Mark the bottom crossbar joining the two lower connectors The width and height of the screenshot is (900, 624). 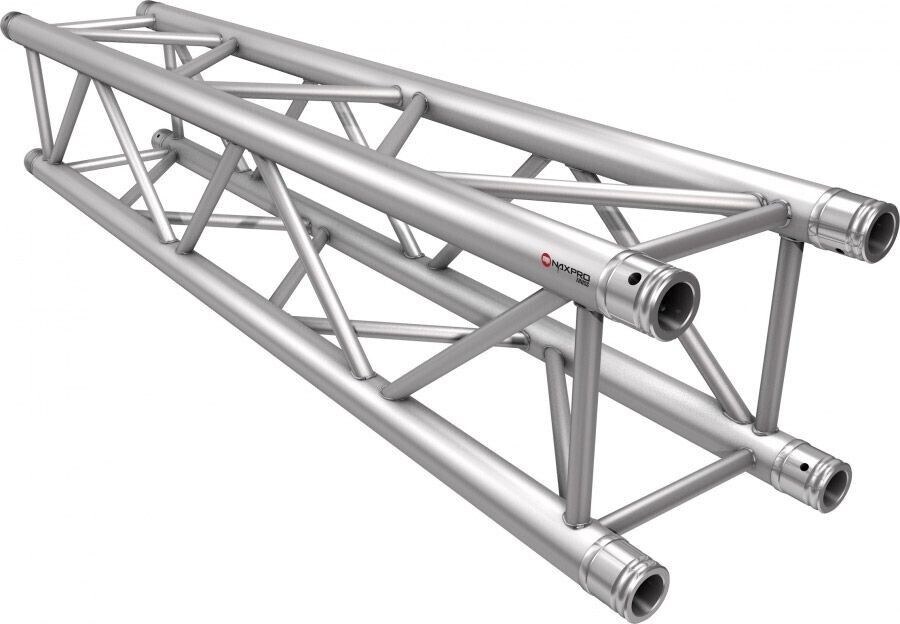(680, 490)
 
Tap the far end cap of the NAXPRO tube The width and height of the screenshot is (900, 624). (13, 26)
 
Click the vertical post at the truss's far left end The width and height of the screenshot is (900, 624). (39, 100)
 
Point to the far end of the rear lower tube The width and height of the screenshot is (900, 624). (160, 138)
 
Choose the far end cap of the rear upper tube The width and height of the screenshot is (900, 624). (147, 9)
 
